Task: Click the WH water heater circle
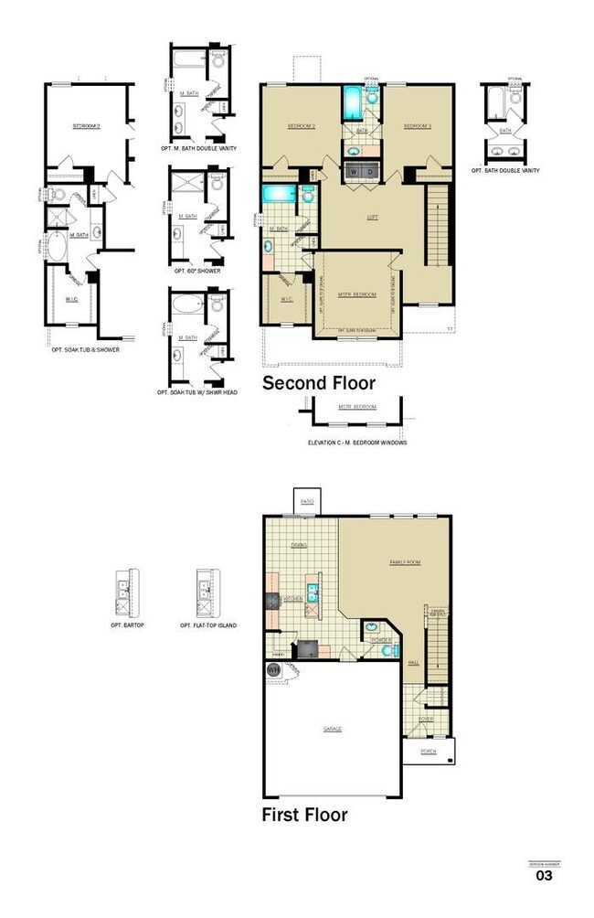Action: [272, 670]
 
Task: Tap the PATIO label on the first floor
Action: [307, 501]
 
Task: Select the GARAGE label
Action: [332, 729]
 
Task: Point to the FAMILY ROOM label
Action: [405, 562]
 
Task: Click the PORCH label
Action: [428, 752]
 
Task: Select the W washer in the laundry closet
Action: [353, 171]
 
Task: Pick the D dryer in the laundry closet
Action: [369, 171]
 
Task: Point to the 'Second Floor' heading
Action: [318, 383]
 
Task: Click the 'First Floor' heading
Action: [304, 814]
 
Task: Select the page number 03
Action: [544, 875]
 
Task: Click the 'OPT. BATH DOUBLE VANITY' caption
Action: [505, 170]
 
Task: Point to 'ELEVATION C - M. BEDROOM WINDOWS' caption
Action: [357, 442]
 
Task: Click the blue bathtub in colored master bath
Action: [276, 194]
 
